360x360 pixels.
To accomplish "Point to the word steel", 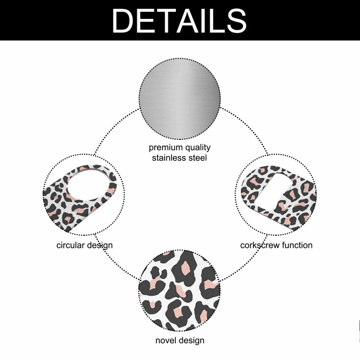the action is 198,158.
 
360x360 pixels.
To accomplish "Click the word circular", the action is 72,245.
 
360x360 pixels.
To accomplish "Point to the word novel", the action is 165,340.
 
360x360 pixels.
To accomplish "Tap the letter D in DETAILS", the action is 124,20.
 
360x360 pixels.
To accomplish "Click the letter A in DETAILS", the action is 186,20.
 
